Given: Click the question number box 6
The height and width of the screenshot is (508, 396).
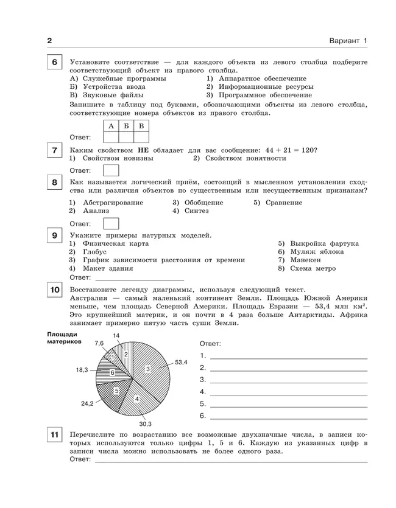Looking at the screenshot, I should [x=54, y=63].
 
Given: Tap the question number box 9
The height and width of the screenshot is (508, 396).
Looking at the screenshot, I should [x=54, y=236].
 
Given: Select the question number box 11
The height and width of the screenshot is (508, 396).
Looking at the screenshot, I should [x=54, y=434].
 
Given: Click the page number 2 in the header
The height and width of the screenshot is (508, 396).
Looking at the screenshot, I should [x=50, y=41].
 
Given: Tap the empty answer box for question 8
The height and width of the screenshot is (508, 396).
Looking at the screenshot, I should [x=111, y=223].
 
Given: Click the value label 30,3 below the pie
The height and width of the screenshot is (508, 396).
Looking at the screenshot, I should [x=145, y=423].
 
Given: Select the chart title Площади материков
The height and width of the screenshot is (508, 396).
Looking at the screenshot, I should [x=63, y=338].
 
